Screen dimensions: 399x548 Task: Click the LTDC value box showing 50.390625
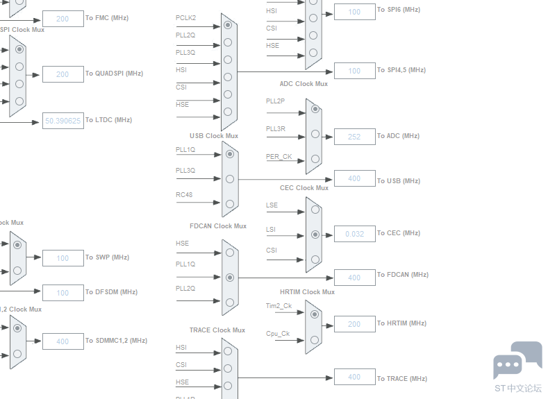pos(63,121)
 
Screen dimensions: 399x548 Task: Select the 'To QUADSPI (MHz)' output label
pos(114,74)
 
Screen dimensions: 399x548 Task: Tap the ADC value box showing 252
pos(354,137)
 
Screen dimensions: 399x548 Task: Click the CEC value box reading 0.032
pos(354,234)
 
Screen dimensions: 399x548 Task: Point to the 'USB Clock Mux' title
pos(214,136)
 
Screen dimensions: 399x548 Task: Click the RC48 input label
pos(184,195)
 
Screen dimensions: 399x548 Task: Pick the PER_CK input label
pos(279,157)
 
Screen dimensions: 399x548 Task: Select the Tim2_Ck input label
pos(279,306)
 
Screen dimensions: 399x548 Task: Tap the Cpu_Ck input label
pos(278,334)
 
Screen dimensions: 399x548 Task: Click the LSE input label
pos(272,205)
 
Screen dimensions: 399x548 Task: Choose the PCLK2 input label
pos(185,17)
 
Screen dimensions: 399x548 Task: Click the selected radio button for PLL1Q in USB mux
pos(229,154)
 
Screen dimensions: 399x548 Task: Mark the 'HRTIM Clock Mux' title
pos(307,292)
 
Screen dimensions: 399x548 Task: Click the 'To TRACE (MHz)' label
pos(402,379)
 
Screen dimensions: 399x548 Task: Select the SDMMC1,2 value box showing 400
pos(63,341)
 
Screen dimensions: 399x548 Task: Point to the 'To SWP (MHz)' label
pos(107,257)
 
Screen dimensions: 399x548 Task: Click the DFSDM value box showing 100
pos(63,293)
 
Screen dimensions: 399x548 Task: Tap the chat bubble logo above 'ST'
pos(517,361)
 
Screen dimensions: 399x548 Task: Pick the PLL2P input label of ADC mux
pos(275,101)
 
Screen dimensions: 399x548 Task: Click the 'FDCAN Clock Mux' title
pos(218,226)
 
